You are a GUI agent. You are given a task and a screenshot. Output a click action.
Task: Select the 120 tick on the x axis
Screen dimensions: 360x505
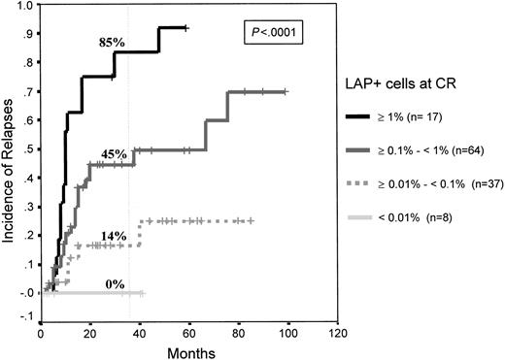(x=337, y=331)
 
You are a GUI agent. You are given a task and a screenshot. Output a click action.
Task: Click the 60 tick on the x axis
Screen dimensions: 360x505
(x=188, y=331)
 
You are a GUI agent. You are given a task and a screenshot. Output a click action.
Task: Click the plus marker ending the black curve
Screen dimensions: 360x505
(x=186, y=29)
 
